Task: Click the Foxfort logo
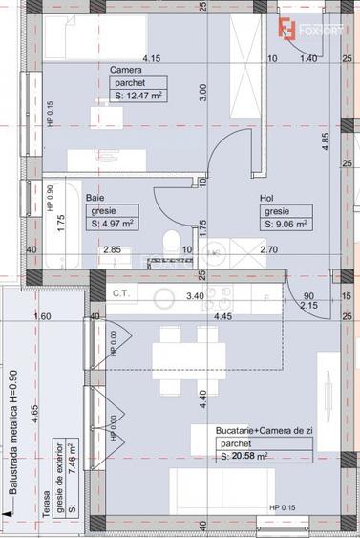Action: [x=307, y=28]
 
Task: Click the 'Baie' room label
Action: [x=95, y=198]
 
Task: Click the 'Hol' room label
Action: [x=267, y=198]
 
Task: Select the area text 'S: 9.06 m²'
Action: [x=286, y=225]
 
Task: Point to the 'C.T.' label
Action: [x=121, y=293]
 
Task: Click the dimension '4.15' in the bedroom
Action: [x=151, y=58]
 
